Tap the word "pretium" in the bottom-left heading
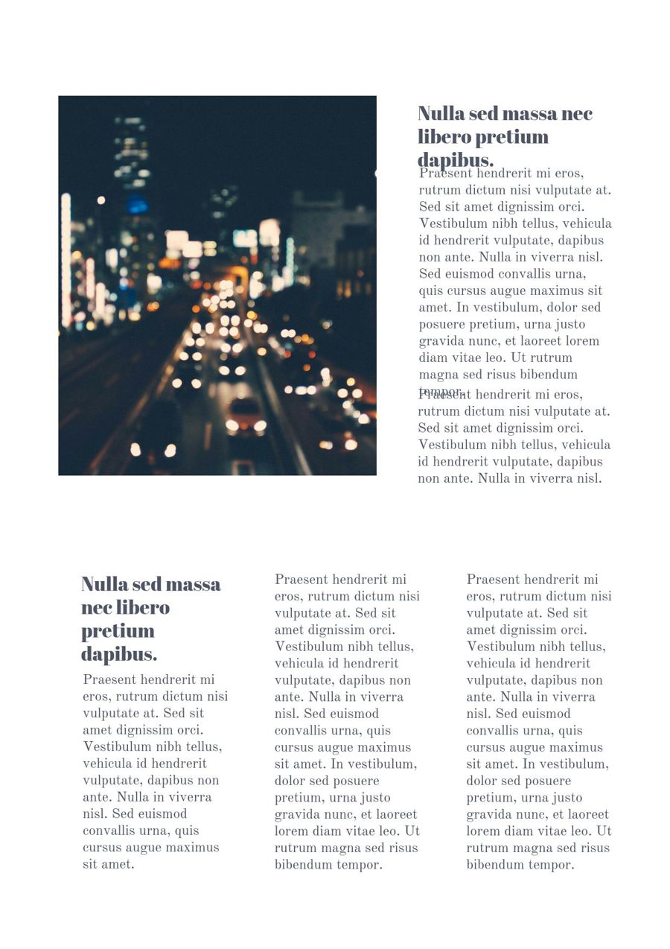(118, 631)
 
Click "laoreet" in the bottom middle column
(394, 814)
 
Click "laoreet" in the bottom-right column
(586, 814)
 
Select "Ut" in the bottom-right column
(604, 831)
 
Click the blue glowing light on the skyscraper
(137, 204)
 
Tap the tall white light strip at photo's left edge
(66, 261)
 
